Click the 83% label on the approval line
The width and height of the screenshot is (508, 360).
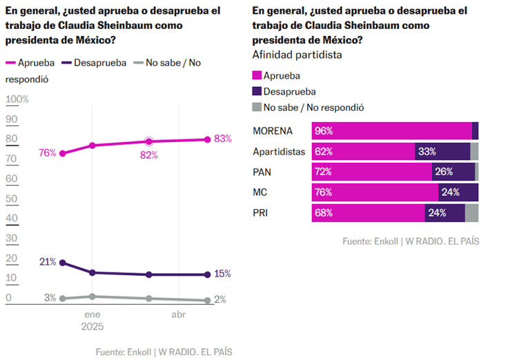tap(222, 139)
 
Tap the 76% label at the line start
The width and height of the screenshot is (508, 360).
tap(48, 153)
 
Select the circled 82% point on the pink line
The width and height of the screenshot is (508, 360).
tap(148, 141)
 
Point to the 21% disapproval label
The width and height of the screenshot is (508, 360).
tap(48, 262)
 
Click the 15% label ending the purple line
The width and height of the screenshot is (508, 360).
tap(222, 274)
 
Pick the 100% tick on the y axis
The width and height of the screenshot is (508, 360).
tap(17, 99)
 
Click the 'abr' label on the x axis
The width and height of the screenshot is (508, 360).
tap(178, 314)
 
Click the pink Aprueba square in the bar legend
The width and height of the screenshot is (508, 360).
tap(257, 76)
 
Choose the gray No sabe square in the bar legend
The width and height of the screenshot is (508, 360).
tap(257, 107)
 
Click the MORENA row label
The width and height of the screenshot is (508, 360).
tap(273, 131)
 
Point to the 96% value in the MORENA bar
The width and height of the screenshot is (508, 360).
tap(324, 131)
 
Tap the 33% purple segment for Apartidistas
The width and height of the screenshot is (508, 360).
tap(442, 152)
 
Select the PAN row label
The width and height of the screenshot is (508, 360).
tap(264, 172)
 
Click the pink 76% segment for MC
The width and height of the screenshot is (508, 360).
tap(375, 192)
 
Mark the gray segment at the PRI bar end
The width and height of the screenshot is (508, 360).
tap(471, 213)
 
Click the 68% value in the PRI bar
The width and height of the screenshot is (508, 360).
tap(324, 213)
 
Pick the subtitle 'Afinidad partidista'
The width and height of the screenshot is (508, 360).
tap(297, 54)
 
